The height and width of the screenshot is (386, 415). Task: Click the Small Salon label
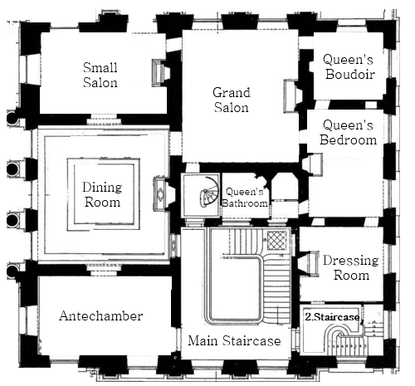[x=100, y=75]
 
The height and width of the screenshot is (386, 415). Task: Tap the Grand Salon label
[x=232, y=100]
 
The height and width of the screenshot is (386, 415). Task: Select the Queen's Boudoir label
[x=349, y=66]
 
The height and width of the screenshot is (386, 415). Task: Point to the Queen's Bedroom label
[x=348, y=132]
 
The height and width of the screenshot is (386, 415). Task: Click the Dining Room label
[x=102, y=194]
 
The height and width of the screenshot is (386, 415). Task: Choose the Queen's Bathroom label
[x=245, y=198]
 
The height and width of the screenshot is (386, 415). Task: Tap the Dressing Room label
[x=351, y=267]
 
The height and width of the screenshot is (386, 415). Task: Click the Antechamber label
[x=101, y=315]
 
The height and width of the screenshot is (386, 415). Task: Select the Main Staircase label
[x=234, y=340]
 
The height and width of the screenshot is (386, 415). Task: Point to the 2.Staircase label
[x=332, y=317]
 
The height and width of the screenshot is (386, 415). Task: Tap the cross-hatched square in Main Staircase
[x=276, y=240]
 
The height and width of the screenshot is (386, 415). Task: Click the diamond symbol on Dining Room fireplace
[x=160, y=193]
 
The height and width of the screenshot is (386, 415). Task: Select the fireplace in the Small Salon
[x=161, y=73]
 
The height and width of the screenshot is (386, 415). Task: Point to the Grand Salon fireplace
[x=293, y=96]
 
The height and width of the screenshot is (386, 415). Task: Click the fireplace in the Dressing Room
[x=309, y=264]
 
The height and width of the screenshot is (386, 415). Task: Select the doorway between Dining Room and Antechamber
[x=104, y=268]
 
